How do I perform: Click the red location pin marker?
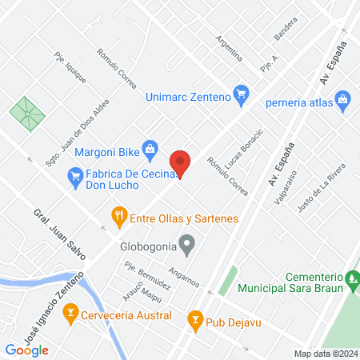(181, 163)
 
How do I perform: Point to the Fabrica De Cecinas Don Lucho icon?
(75, 174)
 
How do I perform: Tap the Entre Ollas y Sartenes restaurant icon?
(119, 215)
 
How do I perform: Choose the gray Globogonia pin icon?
(187, 243)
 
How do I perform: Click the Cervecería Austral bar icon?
(70, 311)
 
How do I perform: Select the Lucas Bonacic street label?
(244, 147)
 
